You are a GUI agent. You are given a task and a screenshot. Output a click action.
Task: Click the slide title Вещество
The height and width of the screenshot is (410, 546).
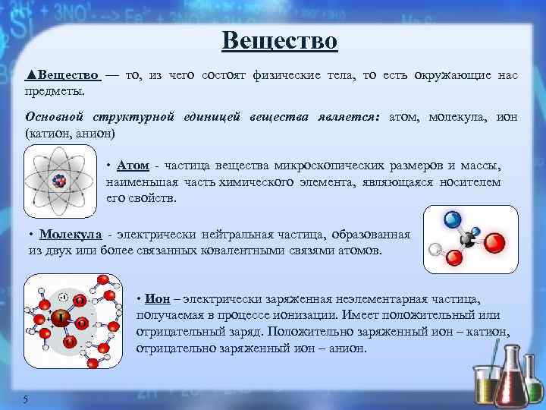coord(279,39)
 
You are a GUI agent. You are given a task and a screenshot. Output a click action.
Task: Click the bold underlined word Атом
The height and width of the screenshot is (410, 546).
coord(133,166)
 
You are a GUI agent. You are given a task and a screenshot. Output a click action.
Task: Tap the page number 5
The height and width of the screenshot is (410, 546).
coord(26,400)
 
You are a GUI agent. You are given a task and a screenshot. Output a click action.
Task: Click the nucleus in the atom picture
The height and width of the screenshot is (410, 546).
coord(58,181)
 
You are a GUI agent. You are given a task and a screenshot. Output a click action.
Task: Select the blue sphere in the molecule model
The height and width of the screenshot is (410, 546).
coord(453,219)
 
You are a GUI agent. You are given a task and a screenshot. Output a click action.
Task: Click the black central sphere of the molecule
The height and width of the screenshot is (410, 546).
coord(469,241)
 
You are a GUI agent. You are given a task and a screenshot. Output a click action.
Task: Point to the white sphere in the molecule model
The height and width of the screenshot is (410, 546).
coord(435,248)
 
